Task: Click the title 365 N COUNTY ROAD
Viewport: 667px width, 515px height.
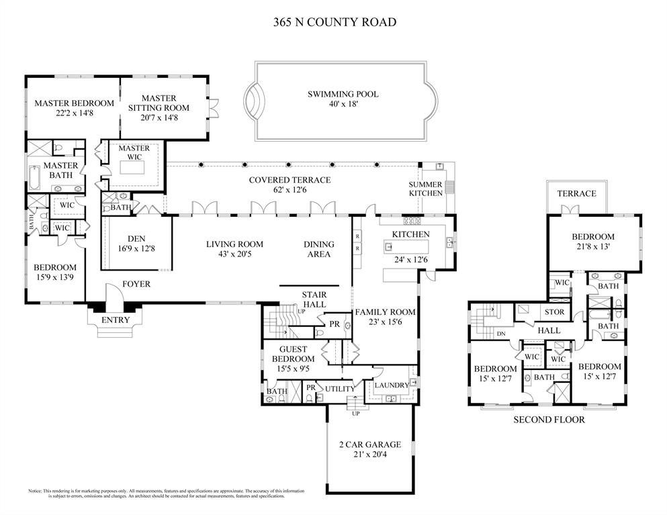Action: tap(334, 22)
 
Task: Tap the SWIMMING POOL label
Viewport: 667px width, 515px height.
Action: tap(343, 94)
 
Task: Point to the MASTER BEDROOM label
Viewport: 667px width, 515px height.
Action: tap(74, 103)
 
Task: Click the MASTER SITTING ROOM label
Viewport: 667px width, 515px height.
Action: tap(159, 103)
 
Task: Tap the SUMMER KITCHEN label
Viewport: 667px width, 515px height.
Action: tap(426, 189)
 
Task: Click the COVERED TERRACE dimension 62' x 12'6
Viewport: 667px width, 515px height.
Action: tap(290, 190)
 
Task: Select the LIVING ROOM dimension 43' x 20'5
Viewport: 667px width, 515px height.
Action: tap(234, 254)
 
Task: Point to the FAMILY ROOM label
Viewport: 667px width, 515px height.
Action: tap(385, 312)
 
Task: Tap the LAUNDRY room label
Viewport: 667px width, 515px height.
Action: tap(391, 385)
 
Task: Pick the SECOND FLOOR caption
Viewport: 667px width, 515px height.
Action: tap(549, 420)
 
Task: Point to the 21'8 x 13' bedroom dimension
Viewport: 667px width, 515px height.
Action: tap(593, 248)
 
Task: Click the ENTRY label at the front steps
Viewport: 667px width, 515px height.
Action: tap(115, 320)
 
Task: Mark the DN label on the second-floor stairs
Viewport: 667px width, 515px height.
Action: tap(500, 333)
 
